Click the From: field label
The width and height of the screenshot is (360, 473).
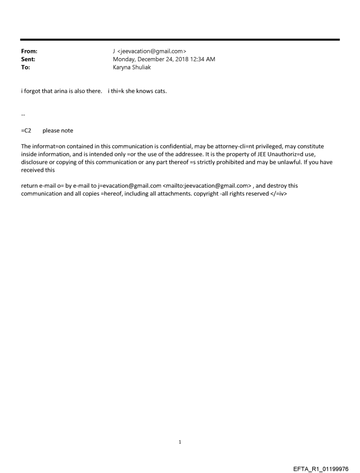click(29, 51)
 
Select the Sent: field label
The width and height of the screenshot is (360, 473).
click(28, 59)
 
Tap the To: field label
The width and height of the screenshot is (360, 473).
click(26, 67)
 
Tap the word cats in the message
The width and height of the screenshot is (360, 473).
click(160, 92)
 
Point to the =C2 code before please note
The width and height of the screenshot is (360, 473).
click(26, 130)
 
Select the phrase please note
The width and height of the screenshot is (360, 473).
click(58, 130)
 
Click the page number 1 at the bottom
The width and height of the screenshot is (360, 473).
click(180, 442)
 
